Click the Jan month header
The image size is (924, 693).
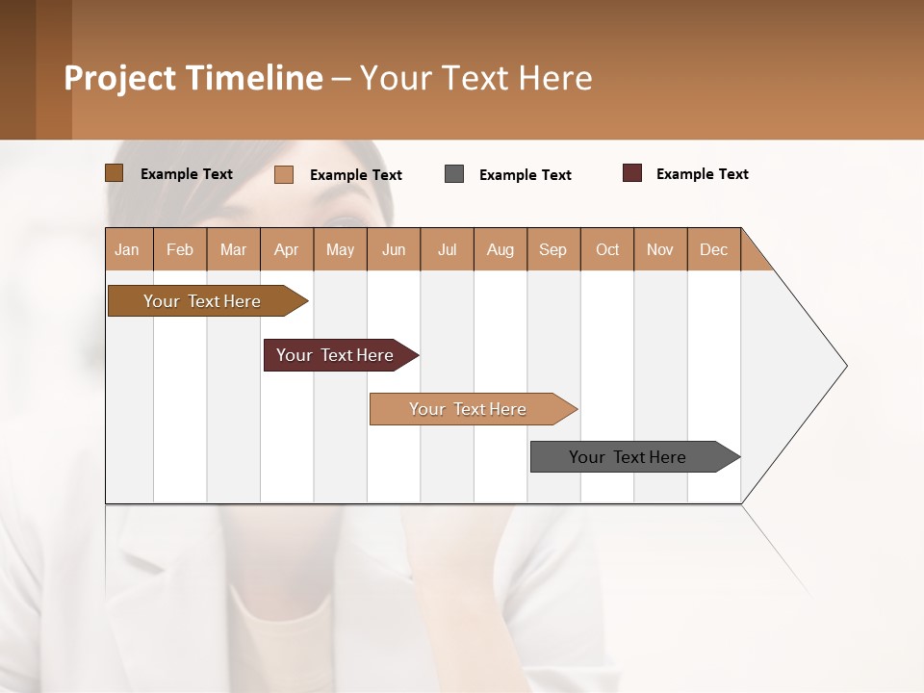click(128, 249)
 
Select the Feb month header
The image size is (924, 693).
click(180, 249)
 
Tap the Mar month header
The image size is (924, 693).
click(233, 249)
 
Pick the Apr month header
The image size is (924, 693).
click(287, 249)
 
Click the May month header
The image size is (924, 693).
click(340, 249)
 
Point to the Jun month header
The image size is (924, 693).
click(394, 249)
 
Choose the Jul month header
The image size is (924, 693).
click(447, 249)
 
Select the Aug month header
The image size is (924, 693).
click(500, 249)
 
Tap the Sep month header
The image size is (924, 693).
click(553, 249)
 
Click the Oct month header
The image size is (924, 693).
click(607, 249)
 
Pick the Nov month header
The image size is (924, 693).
click(660, 249)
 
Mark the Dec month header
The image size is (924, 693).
click(714, 249)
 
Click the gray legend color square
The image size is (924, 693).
click(454, 174)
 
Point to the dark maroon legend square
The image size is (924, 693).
click(632, 173)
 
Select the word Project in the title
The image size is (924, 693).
click(120, 78)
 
